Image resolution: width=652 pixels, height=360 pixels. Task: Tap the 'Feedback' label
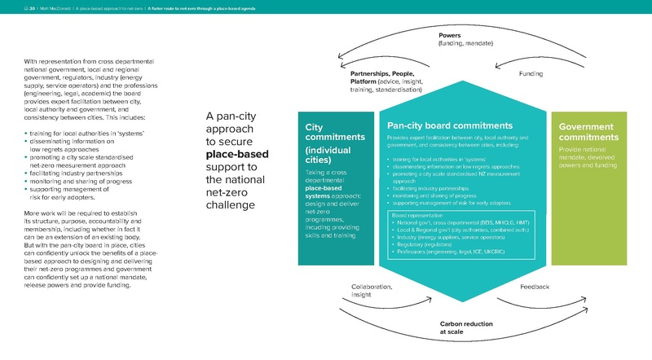(535, 287)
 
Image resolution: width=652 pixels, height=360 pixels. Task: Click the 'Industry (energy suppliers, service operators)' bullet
(454, 236)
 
